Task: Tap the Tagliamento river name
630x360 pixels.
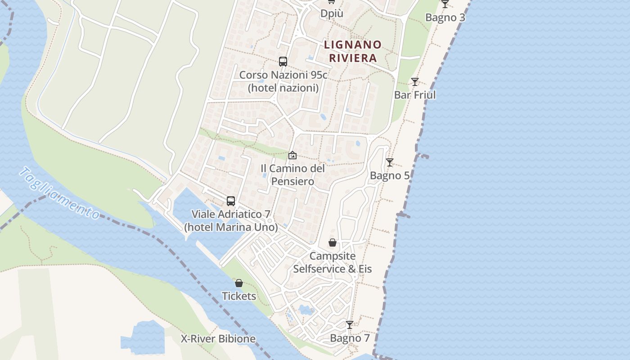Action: pos(60,193)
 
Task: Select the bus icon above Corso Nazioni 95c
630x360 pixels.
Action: pos(283,62)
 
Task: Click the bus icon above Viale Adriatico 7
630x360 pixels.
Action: pos(231,201)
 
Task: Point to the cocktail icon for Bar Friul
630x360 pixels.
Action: pos(415,82)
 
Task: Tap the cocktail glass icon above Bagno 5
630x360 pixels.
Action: pos(390,162)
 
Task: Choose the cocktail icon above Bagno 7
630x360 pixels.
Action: pos(350,325)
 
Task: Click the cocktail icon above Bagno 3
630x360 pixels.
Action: pos(445,4)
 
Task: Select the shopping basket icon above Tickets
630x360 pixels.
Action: pos(239,283)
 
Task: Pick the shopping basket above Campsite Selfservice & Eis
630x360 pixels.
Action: pos(333,243)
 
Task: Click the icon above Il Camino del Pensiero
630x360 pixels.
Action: pos(292,155)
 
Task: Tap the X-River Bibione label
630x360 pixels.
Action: pos(218,339)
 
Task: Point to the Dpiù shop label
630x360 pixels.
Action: pos(332,13)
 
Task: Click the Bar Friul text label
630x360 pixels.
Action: pos(415,95)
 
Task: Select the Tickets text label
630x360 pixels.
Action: pos(239,296)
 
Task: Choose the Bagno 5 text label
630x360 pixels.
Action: pos(390,175)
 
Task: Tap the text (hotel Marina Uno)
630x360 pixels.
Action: pos(231,227)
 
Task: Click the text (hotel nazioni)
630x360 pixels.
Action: pos(283,88)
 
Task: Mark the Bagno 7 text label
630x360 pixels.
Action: pos(350,338)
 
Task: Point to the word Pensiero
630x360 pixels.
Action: pos(292,181)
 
